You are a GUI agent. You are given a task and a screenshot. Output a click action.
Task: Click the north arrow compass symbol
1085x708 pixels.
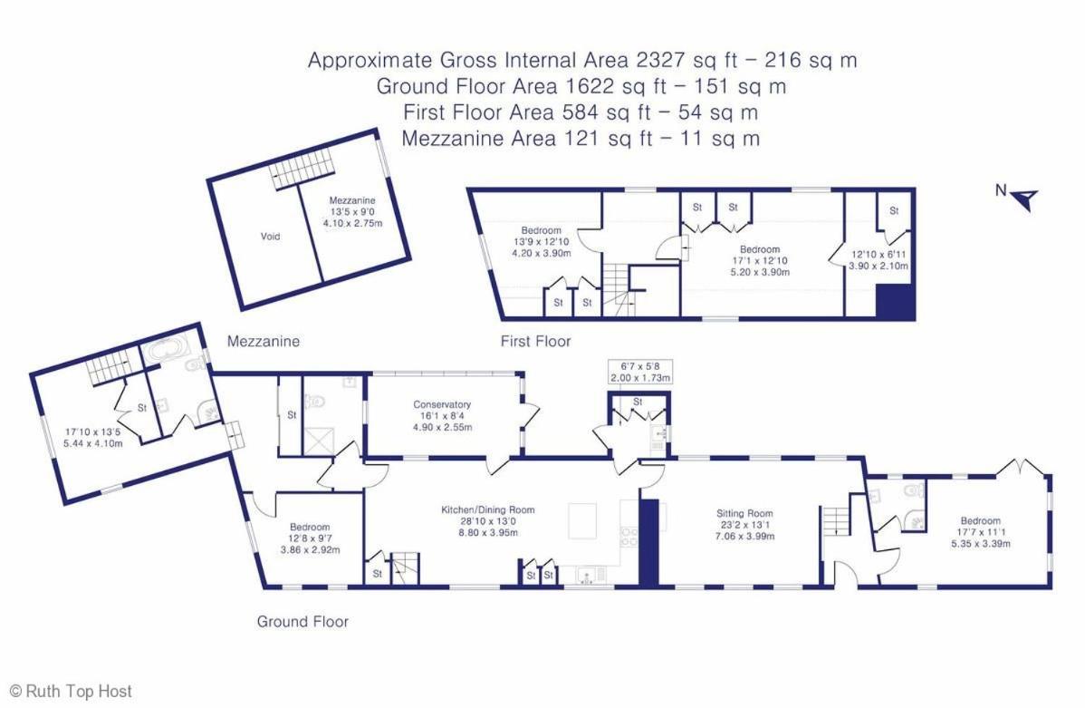[1025, 199]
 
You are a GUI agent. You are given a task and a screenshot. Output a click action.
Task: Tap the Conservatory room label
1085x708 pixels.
[442, 416]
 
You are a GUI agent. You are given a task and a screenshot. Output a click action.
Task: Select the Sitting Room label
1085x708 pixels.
[744, 524]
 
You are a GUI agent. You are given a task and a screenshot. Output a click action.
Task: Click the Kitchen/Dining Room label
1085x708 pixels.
[488, 521]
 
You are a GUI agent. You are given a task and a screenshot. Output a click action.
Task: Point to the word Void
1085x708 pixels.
[270, 237]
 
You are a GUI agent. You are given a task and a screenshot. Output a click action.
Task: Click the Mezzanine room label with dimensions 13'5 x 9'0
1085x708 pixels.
[352, 211]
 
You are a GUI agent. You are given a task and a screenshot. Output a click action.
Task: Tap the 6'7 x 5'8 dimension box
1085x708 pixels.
[640, 372]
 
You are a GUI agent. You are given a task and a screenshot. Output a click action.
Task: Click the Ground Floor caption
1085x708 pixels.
[302, 621]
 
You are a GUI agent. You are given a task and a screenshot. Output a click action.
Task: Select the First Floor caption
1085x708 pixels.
[535, 341]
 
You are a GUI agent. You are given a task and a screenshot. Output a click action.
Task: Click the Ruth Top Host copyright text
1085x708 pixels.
[71, 691]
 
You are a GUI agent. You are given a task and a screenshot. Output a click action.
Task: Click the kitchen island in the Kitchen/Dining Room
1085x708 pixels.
[582, 521]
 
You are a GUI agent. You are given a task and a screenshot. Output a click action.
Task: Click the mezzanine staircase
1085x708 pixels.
[302, 171]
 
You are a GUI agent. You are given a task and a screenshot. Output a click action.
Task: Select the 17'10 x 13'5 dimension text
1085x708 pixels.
[92, 437]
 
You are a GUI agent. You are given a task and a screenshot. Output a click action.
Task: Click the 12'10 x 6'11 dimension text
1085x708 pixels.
[879, 260]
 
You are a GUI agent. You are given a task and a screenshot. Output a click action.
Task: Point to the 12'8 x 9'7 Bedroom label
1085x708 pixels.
[310, 538]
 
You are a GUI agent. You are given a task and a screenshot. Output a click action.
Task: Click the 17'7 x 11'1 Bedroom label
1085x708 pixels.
[981, 532]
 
